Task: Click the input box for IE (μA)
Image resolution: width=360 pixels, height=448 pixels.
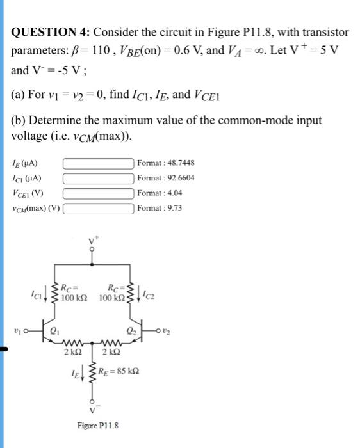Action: (97, 163)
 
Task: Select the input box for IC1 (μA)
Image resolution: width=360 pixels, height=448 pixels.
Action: (97, 177)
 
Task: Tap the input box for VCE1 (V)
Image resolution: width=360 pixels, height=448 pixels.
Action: (97, 192)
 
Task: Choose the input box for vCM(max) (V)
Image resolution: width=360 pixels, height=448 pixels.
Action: (97, 207)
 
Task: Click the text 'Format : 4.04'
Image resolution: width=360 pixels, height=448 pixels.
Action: (160, 192)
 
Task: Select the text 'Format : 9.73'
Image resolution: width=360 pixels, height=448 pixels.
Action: (160, 207)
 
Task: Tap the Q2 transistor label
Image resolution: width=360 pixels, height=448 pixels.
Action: (130, 332)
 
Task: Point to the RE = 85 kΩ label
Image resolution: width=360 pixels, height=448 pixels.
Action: (123, 371)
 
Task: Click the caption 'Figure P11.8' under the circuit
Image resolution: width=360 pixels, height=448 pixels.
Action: (97, 426)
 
